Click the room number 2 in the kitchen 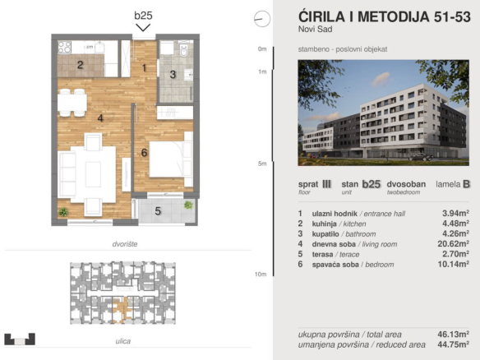[x=80, y=65]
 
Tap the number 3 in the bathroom [x=173, y=75]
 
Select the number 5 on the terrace [x=158, y=211]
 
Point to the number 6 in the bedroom [x=144, y=152]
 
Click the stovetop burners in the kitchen [x=65, y=47]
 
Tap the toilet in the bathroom [x=183, y=50]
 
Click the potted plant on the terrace [x=188, y=205]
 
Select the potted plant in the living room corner [x=63, y=212]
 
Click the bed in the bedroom [x=171, y=159]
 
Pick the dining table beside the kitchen [x=72, y=103]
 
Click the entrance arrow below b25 [x=143, y=28]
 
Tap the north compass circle [x=262, y=19]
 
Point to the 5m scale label [x=262, y=164]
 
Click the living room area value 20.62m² [x=454, y=243]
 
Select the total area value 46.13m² [x=454, y=334]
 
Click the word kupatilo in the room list [x=325, y=234]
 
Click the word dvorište [x=125, y=244]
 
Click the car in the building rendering [x=422, y=157]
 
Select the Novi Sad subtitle [x=316, y=29]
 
